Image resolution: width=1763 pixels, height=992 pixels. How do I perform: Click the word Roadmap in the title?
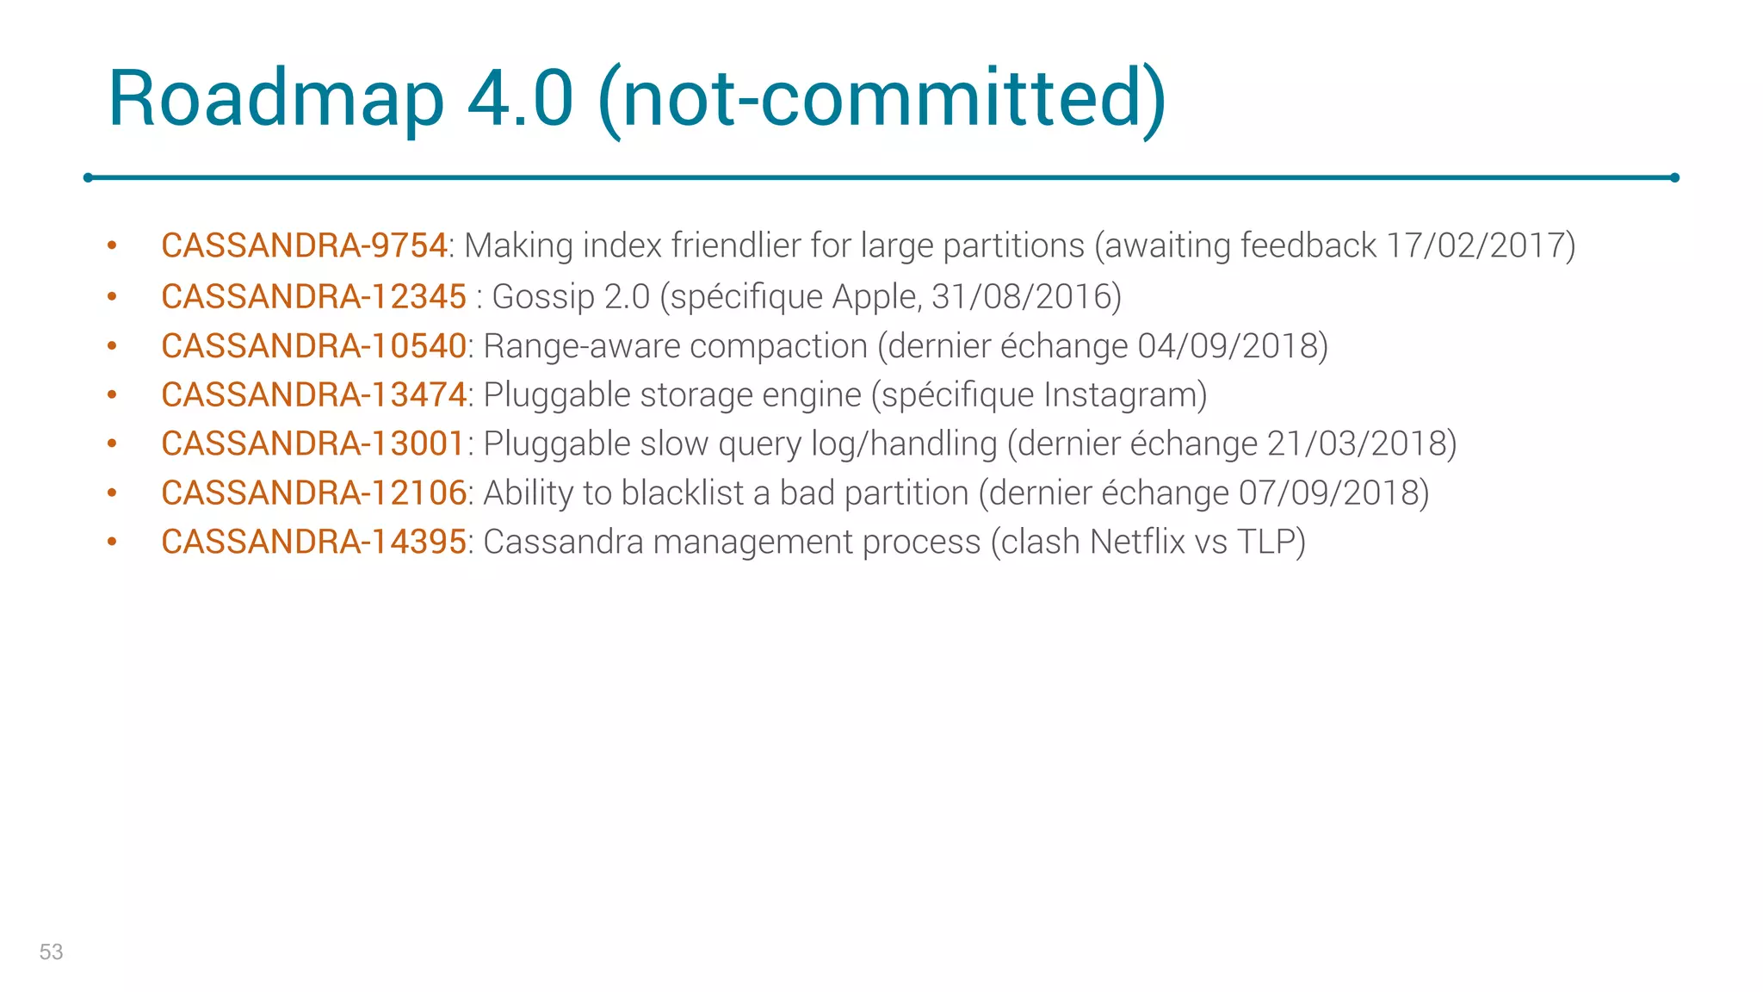(x=275, y=99)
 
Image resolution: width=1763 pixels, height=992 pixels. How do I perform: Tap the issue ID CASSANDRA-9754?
(x=304, y=246)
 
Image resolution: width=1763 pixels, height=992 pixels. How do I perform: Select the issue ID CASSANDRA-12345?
(x=313, y=297)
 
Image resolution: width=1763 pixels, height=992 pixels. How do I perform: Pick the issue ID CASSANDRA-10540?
(x=313, y=346)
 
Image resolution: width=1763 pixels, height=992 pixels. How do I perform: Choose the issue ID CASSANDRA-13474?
(x=313, y=395)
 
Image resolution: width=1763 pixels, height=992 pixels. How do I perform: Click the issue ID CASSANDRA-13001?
(x=313, y=444)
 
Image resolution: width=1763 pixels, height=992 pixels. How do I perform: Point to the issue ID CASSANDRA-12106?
(x=313, y=493)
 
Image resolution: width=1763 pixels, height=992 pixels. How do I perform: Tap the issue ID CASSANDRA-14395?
(x=313, y=542)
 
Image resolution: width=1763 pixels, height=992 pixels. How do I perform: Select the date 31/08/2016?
(x=1021, y=297)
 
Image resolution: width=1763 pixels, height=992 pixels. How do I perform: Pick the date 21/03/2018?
(x=1356, y=444)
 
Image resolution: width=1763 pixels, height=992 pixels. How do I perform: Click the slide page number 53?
(x=52, y=952)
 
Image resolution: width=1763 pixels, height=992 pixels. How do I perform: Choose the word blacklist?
(x=683, y=493)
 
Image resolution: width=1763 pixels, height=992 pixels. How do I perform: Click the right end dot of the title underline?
(x=1674, y=178)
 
